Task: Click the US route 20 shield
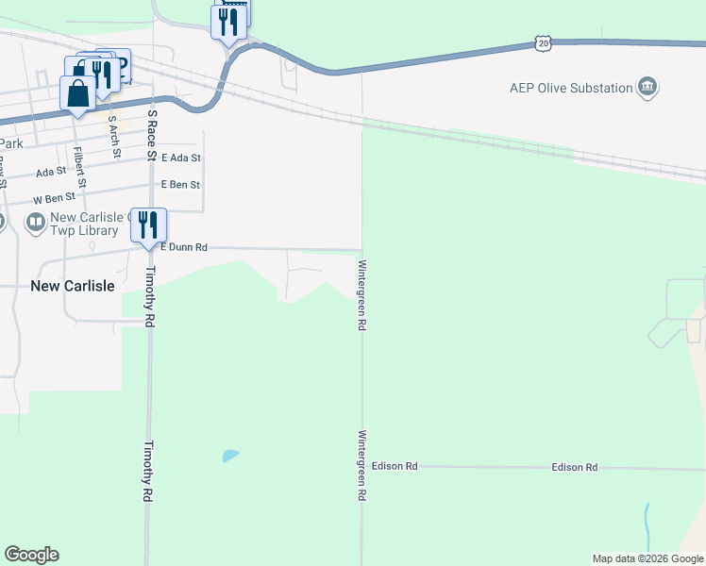coord(542,42)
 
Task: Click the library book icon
coord(36,223)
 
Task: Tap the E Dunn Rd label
coord(183,247)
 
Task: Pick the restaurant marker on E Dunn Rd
coord(148,225)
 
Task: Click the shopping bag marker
coord(76,92)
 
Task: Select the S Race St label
coord(152,134)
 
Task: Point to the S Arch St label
coord(114,136)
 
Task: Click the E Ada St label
coord(181,158)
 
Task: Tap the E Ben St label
coord(180,185)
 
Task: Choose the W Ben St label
coord(54,199)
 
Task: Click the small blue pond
coord(229,457)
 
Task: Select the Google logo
coord(31,555)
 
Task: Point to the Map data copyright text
coord(647,558)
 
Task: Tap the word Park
coord(10,143)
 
